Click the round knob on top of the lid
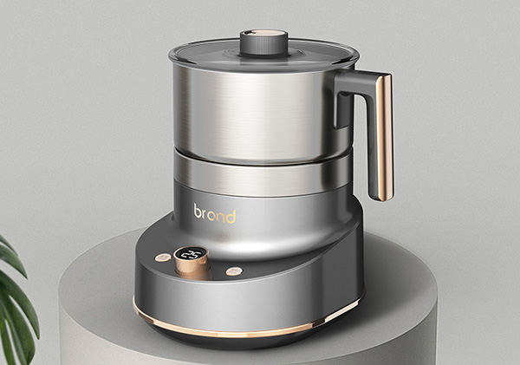pyautogui.click(x=264, y=42)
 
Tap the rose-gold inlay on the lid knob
pyautogui.click(x=265, y=33)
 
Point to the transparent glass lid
pyautogui.click(x=263, y=55)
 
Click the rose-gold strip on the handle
pyautogui.click(x=385, y=138)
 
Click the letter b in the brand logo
pyautogui.click(x=198, y=211)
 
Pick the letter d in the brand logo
pyautogui.click(x=231, y=216)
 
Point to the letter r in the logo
pyautogui.click(x=205, y=214)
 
